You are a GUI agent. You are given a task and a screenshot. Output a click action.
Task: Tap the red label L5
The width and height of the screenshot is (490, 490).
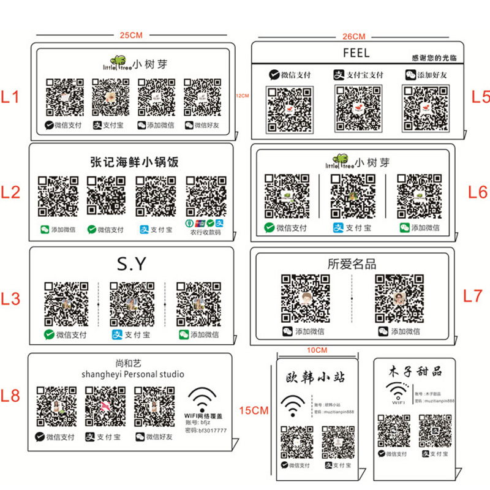[x=479, y=96]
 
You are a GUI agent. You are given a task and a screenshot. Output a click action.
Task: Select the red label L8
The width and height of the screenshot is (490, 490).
[x=12, y=395]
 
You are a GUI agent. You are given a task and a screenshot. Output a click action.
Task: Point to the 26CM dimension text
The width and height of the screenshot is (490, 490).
[x=354, y=36]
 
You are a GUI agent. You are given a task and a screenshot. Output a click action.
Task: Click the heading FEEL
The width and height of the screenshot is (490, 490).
[x=356, y=53]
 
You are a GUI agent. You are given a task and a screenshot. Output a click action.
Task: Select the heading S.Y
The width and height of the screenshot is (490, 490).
[x=132, y=264]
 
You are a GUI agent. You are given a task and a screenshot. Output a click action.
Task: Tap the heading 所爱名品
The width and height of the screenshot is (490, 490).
[x=352, y=264]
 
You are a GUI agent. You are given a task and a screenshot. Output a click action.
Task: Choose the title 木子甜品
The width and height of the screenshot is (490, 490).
[x=415, y=372]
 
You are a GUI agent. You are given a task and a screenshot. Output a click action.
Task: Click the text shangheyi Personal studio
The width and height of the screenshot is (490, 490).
[x=132, y=374]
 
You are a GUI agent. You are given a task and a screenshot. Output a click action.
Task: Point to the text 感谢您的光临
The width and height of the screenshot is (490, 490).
[x=435, y=58]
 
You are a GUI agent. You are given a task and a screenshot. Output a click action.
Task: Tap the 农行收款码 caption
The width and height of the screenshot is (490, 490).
[x=205, y=233]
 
